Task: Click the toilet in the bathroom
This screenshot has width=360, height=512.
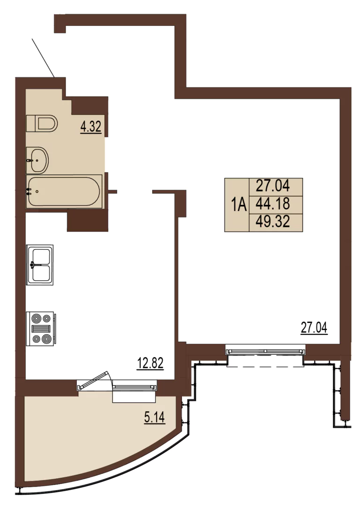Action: (42, 123)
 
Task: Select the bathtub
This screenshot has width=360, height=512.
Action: (64, 191)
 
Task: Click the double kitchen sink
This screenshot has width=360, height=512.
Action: (40, 265)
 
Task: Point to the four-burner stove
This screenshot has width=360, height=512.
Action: (41, 329)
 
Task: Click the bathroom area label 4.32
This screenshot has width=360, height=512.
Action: (91, 127)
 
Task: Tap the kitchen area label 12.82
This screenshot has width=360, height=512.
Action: (150, 363)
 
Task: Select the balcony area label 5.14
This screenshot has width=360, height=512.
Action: (154, 417)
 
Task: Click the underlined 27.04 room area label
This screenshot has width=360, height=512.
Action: (314, 328)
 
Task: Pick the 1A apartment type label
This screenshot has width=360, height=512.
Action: (239, 205)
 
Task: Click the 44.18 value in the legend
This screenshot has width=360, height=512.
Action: (273, 204)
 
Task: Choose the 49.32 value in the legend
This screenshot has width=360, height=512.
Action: (273, 222)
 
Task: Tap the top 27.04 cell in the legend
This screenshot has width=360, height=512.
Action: (273, 186)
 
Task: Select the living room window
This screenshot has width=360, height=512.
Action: (266, 351)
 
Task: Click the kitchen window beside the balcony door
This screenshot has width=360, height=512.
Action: (135, 387)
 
